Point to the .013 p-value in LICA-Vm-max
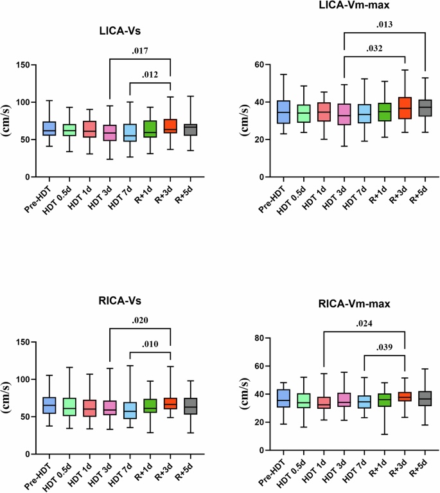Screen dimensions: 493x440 (x=384, y=26)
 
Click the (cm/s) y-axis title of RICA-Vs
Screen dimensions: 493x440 (x=9, y=398)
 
